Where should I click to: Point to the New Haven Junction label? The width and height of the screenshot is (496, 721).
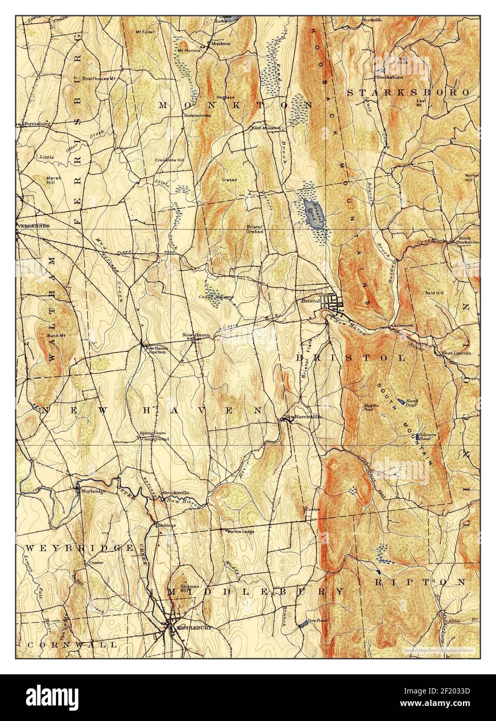pos(155,350)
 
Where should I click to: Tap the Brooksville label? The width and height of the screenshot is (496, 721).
pos(174,492)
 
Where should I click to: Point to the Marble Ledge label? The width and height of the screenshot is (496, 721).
pos(239,531)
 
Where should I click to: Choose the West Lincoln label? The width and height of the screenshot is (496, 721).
pos(456,353)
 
